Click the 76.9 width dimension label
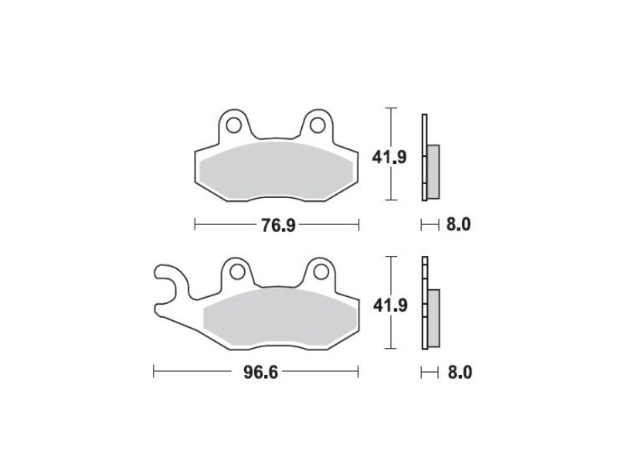tap(278, 225)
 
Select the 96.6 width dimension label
tap(260, 372)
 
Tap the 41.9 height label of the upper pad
tap(389, 158)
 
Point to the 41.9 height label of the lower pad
tap(390, 305)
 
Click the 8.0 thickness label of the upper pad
tap(458, 225)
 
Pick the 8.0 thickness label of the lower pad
tap(460, 373)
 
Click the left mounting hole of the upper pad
tap(234, 125)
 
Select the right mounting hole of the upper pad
tap(317, 125)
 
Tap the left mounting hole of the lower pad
tap(237, 272)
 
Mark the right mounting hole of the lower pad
tap(321, 272)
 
